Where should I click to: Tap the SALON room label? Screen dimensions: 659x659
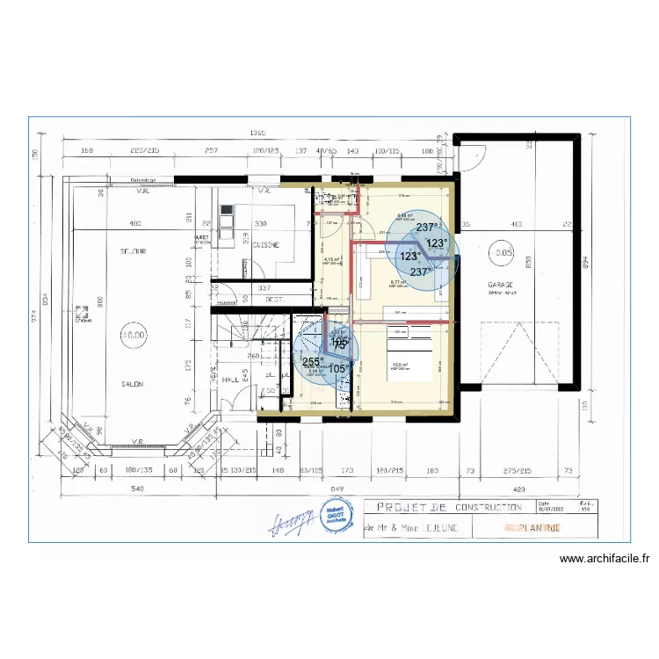coord(133,384)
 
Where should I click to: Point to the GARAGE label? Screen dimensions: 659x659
coord(503,286)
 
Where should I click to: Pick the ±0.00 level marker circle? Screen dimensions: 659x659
coord(134,335)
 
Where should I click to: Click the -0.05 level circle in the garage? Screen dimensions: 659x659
coord(503,251)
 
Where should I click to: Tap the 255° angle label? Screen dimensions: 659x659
coord(312,361)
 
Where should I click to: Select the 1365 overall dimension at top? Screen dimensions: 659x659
coord(257,133)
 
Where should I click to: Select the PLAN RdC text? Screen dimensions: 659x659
coord(536,528)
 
